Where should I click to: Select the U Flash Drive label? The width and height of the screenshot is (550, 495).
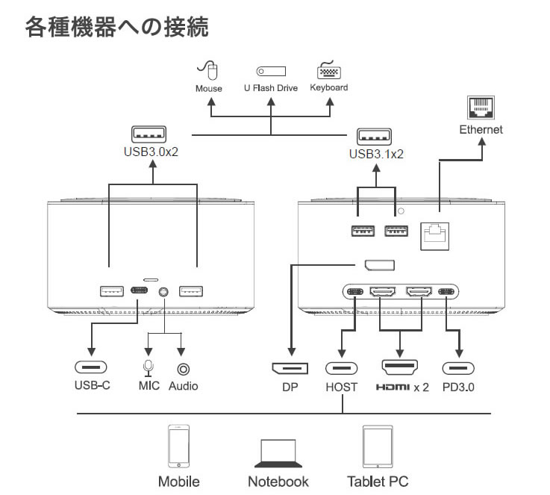pos(270,88)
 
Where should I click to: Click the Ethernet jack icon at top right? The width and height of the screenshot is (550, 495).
pos(481,109)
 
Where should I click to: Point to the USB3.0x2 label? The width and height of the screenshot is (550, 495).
pos(155,150)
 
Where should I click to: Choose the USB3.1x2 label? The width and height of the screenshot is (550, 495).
pos(376,155)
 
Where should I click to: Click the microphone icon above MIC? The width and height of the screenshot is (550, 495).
pos(148,368)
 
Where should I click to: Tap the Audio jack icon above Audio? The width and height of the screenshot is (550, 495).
pos(183,368)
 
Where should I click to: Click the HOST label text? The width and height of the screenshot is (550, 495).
pos(341,387)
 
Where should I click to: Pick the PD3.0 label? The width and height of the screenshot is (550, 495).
pos(458,387)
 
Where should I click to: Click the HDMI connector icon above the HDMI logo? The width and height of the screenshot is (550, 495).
pos(401,367)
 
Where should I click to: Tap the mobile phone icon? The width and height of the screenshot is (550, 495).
pos(178,446)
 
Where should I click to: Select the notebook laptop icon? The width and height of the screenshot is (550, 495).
pos(278,452)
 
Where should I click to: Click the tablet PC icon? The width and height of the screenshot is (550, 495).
pos(377,446)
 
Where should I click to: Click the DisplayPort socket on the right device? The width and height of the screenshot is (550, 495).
pos(380,264)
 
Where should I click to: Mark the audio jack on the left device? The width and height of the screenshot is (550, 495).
pos(163,292)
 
